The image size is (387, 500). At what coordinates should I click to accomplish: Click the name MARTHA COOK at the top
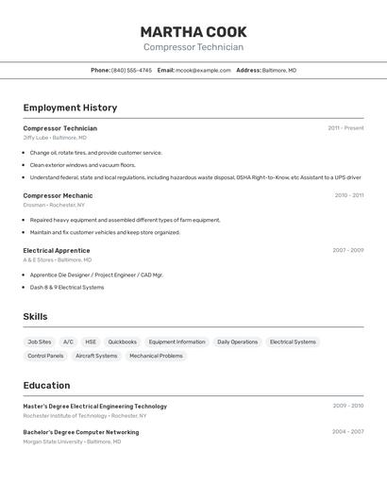coord(193,32)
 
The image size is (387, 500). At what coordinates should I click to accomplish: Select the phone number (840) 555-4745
coord(131,70)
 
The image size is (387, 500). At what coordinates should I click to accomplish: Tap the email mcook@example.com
coord(203,70)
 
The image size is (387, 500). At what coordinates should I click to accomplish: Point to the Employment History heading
coord(70,108)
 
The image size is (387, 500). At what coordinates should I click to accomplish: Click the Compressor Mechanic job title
coord(58,195)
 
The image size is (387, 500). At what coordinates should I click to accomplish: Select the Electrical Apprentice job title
coord(57,250)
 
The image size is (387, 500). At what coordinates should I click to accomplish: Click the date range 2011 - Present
coord(345,128)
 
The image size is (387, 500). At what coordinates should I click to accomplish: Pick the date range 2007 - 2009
coord(347,250)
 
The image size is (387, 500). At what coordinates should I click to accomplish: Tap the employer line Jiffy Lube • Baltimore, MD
coord(55,138)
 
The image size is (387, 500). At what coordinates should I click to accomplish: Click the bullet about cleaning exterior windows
coord(82,164)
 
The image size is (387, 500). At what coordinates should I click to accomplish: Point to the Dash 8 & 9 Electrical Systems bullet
coord(67,287)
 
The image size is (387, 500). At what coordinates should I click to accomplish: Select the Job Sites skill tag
coord(40,342)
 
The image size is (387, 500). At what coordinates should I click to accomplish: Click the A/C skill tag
coord(68,342)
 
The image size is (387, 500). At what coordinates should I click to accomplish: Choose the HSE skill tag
coord(91,342)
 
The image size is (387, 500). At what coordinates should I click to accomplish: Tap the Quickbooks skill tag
coord(122,342)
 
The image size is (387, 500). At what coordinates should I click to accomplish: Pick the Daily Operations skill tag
coord(237,342)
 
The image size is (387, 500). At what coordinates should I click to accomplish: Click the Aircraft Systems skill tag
coord(96,356)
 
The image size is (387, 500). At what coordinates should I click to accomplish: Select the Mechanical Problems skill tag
coord(156,356)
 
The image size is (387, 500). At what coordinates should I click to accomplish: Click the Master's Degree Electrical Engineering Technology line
coord(94,406)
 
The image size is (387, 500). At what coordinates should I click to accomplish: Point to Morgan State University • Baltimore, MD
coord(72,441)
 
